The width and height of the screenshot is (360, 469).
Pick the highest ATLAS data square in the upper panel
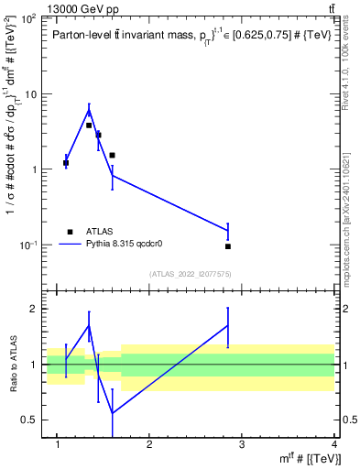coord(89,125)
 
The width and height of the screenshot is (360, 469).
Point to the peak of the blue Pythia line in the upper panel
coord(89,110)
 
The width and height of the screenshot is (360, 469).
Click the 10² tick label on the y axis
coord(29,19)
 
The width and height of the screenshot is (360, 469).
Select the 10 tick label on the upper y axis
coord(32,94)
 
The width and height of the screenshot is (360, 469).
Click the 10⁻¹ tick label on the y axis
coord(29,245)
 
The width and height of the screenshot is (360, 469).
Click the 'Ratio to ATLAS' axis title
coord(12,365)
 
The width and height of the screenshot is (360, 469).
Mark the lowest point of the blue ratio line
coord(112,413)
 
